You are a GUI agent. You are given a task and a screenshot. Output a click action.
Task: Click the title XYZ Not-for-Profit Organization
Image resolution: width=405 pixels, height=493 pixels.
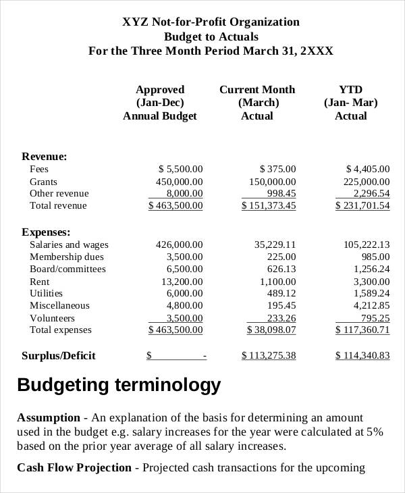(x=211, y=22)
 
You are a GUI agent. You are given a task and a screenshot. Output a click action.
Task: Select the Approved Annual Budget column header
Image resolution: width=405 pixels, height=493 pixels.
(x=160, y=103)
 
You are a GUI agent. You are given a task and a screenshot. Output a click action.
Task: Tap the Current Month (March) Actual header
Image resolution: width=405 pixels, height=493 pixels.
(x=257, y=103)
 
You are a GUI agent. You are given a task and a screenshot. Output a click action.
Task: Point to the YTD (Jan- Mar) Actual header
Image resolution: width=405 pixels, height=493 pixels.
(x=350, y=103)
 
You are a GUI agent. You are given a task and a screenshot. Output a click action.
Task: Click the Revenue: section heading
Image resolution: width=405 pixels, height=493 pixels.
(x=45, y=156)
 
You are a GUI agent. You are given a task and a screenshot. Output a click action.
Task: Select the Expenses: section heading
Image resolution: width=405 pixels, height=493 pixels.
(x=46, y=232)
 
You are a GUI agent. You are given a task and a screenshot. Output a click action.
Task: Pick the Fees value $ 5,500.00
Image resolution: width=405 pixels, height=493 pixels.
(x=180, y=169)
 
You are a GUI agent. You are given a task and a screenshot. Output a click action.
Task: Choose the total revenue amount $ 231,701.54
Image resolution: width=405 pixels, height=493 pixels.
(x=362, y=205)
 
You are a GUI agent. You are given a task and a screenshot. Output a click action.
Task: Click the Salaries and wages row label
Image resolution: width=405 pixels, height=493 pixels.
(x=69, y=244)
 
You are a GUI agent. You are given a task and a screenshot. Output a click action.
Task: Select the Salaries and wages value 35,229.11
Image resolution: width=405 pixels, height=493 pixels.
(x=275, y=244)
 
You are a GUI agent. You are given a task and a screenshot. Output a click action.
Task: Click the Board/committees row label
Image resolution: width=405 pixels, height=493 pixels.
(x=67, y=269)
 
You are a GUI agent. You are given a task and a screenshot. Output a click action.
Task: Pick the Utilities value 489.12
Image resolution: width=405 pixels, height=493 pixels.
(x=281, y=293)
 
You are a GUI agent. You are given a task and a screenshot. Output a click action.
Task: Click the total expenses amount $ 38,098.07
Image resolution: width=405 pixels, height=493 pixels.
(x=269, y=330)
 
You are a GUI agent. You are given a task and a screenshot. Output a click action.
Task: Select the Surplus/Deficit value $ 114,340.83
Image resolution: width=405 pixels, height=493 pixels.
(x=362, y=355)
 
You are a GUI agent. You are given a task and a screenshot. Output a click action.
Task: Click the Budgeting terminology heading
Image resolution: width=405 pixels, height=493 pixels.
(x=119, y=385)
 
